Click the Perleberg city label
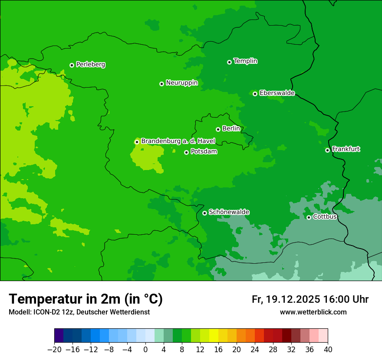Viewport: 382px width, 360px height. (x=90, y=65)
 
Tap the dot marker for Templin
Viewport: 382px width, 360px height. (x=229, y=62)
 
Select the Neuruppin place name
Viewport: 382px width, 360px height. (x=181, y=83)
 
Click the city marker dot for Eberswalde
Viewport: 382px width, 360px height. (x=255, y=94)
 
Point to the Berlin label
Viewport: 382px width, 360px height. (x=231, y=129)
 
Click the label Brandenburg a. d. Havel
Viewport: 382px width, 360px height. (x=178, y=141)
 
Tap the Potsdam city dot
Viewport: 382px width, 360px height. (x=187, y=152)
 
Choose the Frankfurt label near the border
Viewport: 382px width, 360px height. (x=346, y=149)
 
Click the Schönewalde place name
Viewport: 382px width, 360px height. (x=229, y=212)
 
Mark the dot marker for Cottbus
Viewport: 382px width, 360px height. (x=309, y=217)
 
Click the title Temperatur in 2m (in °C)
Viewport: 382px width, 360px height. (x=86, y=299)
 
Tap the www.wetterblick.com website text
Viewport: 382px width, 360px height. (x=313, y=312)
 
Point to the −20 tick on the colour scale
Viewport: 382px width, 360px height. (x=55, y=350)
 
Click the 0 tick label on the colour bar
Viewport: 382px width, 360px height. (x=145, y=350)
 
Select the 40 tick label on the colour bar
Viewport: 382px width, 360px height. (x=328, y=350)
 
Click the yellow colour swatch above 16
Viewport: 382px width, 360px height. (x=218, y=336)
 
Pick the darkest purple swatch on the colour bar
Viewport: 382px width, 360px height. (x=59, y=336)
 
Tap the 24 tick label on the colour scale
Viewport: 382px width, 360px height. (x=255, y=350)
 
